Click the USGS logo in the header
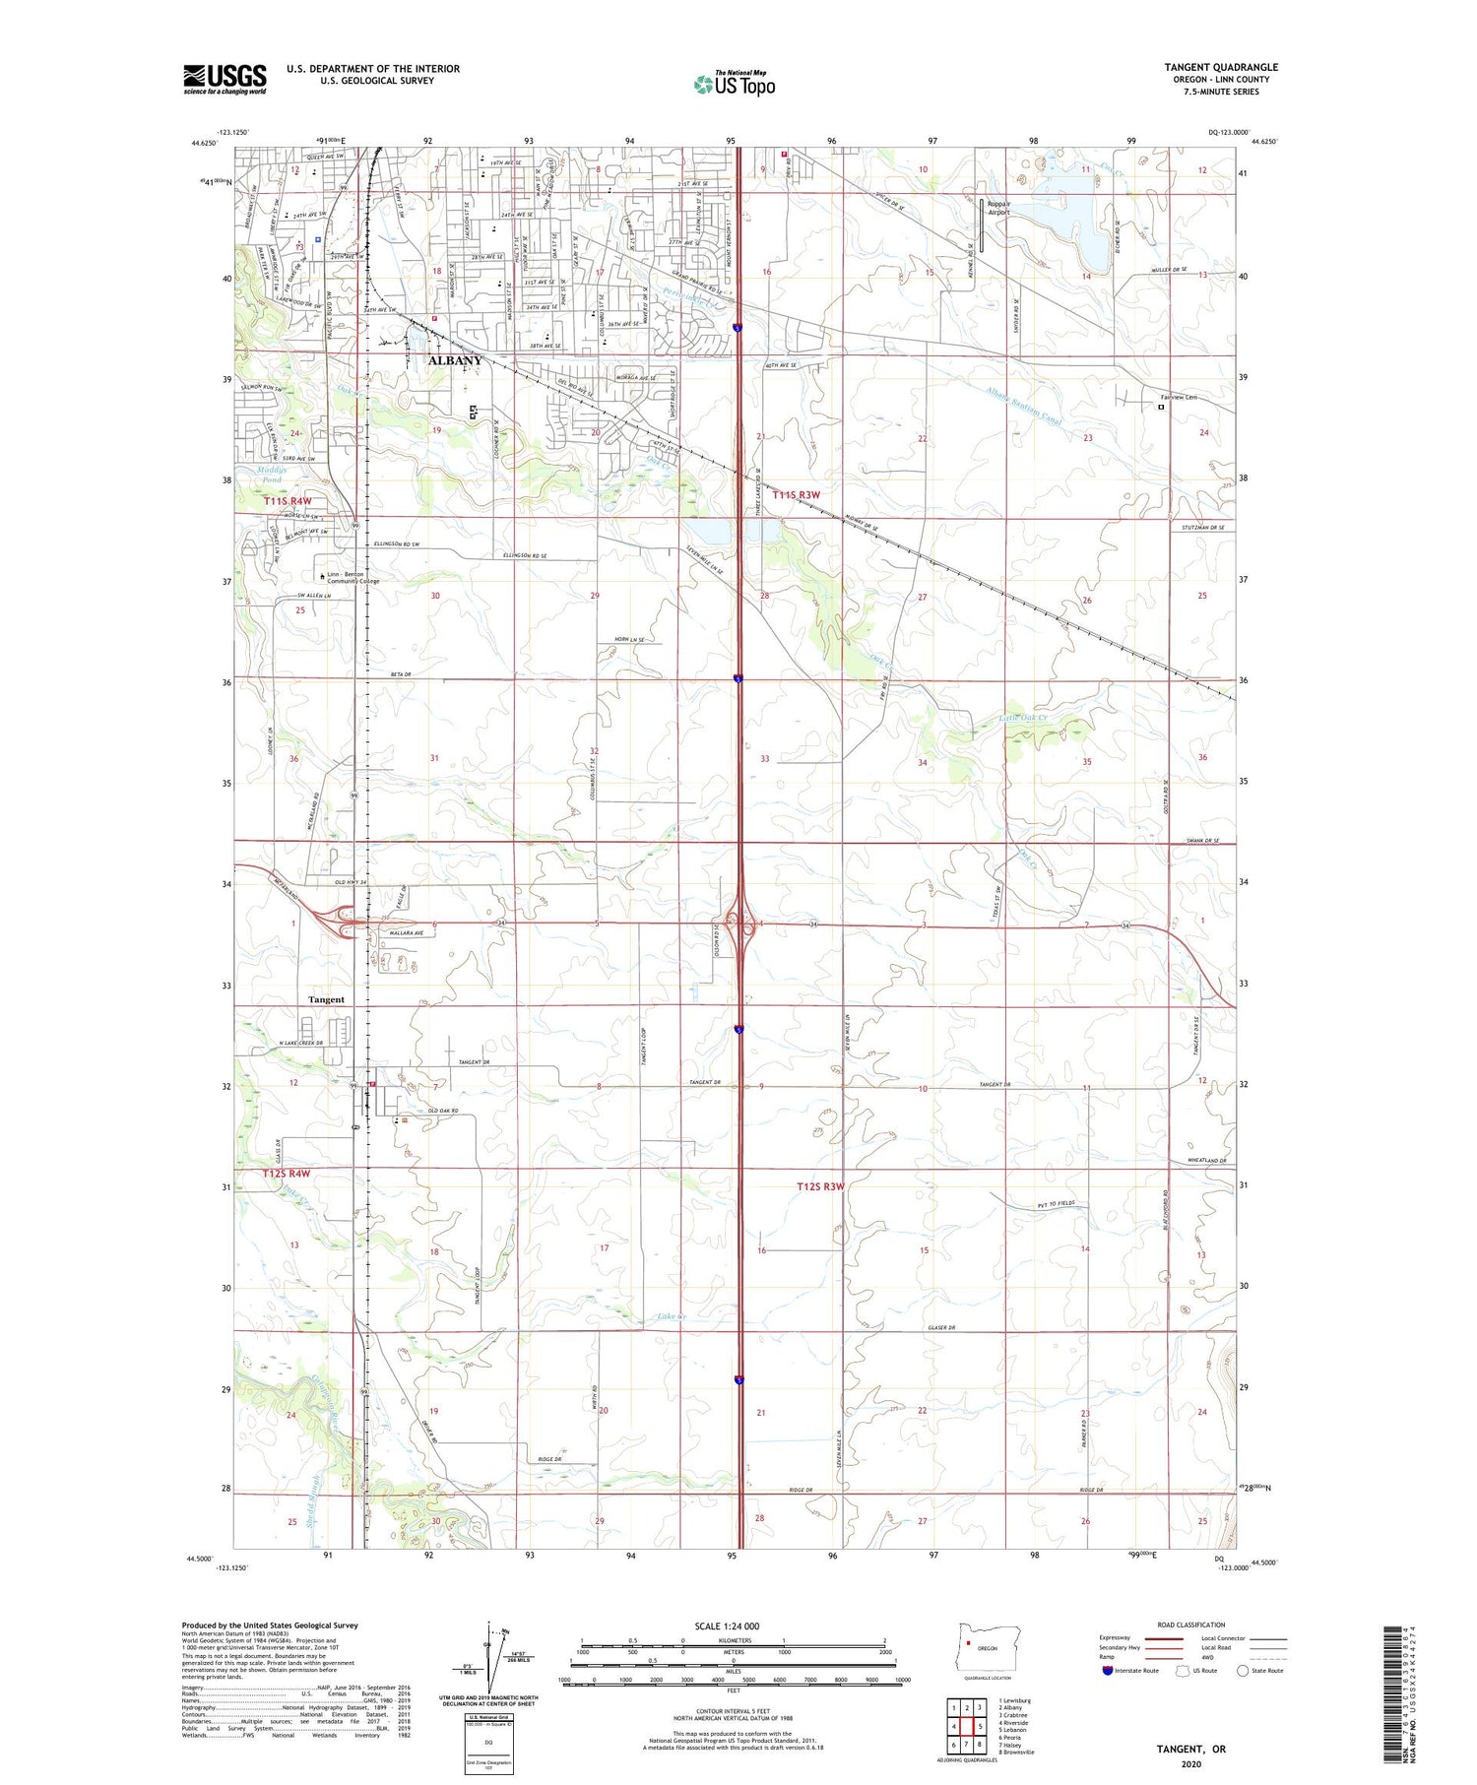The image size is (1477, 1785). [x=225, y=79]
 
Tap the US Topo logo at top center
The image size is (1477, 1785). [x=734, y=85]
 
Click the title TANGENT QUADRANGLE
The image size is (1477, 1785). [x=1220, y=68]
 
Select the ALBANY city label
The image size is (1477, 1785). [x=455, y=360]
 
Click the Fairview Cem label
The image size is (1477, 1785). [x=1178, y=397]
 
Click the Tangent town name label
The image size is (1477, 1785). [x=326, y=999]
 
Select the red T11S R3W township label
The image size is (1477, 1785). [x=796, y=495]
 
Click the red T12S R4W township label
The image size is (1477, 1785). [x=287, y=1174]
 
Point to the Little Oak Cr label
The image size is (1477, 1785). [x=1023, y=719]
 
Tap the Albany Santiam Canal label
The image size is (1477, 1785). [x=1024, y=405]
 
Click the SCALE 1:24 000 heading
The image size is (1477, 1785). [x=727, y=1626]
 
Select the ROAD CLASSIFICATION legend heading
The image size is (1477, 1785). [x=1191, y=1625]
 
